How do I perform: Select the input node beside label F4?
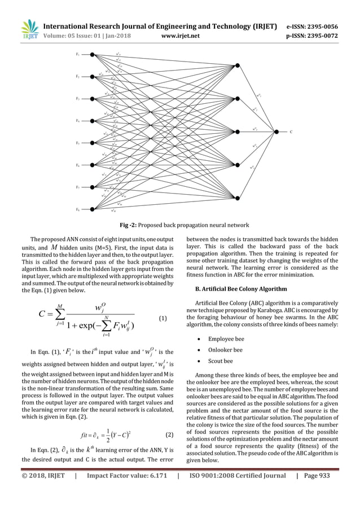(x=93, y=121)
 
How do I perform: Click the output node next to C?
(x=276, y=131)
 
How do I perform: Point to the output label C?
(x=291, y=132)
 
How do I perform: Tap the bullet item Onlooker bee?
(x=226, y=350)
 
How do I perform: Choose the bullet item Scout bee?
(x=221, y=361)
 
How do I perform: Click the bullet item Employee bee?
(x=226, y=339)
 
